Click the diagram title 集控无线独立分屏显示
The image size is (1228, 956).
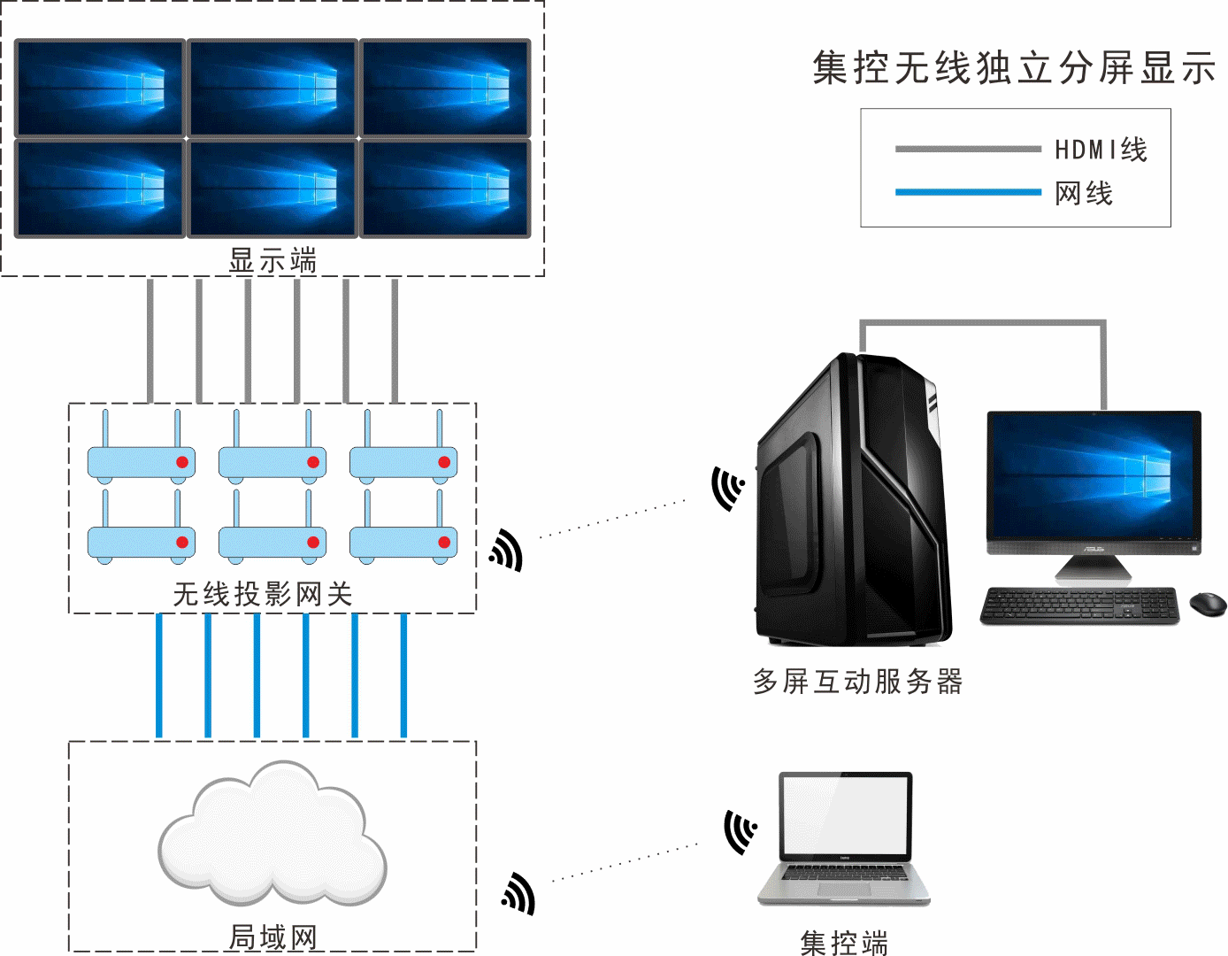coord(1014,68)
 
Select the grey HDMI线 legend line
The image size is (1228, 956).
coord(967,149)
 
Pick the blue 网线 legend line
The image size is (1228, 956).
coord(967,192)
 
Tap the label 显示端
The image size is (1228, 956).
coord(272,260)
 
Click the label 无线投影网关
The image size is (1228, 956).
coord(263,594)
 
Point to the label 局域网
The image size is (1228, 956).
coord(272,936)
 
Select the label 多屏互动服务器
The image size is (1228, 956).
coord(857,682)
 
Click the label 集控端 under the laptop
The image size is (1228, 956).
coord(843,943)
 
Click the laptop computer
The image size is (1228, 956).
coord(844,837)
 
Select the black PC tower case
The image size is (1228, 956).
coord(851,500)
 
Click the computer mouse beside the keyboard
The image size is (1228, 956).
coord(1207,604)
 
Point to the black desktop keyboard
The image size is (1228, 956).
coord(1079,606)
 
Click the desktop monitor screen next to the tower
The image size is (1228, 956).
coord(1094,475)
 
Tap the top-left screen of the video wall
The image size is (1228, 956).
coord(100,87)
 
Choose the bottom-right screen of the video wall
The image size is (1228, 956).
coord(444,188)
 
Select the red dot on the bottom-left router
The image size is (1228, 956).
coord(182,542)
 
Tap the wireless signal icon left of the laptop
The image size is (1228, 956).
coord(740,831)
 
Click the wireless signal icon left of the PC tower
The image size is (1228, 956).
coord(727,488)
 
